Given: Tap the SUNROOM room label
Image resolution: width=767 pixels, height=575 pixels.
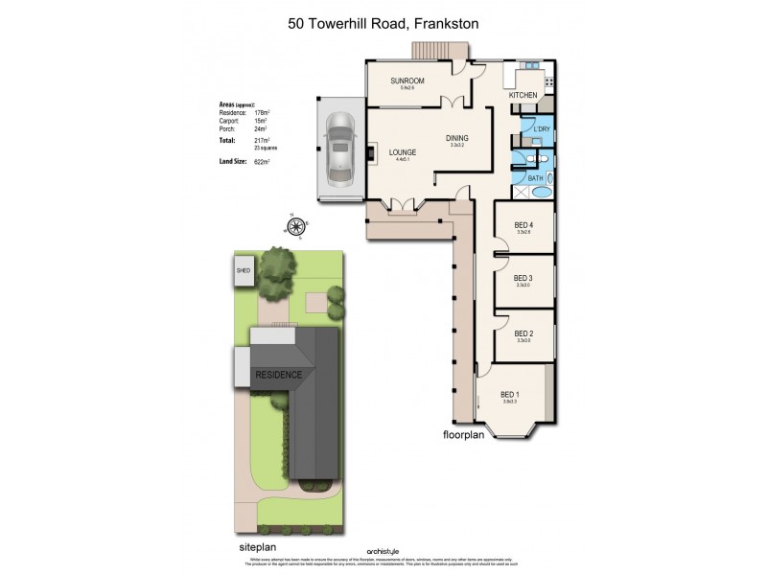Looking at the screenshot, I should point(407,80).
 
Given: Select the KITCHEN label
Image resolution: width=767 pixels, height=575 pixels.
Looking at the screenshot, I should point(523,95).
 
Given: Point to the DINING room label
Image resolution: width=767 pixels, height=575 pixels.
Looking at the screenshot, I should point(457,139).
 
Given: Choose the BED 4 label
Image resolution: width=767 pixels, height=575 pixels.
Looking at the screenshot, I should point(523,225).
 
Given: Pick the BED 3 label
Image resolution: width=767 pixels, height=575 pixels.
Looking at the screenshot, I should point(523,279).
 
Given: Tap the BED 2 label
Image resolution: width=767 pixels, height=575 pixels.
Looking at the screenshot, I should point(523,333).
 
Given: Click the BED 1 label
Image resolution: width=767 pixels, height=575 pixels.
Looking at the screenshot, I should point(510,395).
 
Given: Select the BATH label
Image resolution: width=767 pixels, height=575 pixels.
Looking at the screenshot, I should point(535,177).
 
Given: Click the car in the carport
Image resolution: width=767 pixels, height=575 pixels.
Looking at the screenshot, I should point(340,149).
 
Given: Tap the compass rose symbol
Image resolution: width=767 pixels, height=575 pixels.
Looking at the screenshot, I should point(296,226).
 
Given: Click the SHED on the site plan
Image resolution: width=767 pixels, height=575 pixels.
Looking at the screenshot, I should point(243,271).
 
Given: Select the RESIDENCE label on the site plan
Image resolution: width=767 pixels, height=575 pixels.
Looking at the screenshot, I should point(279,375).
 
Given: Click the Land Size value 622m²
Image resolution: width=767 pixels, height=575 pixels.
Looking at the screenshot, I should point(261,163).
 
